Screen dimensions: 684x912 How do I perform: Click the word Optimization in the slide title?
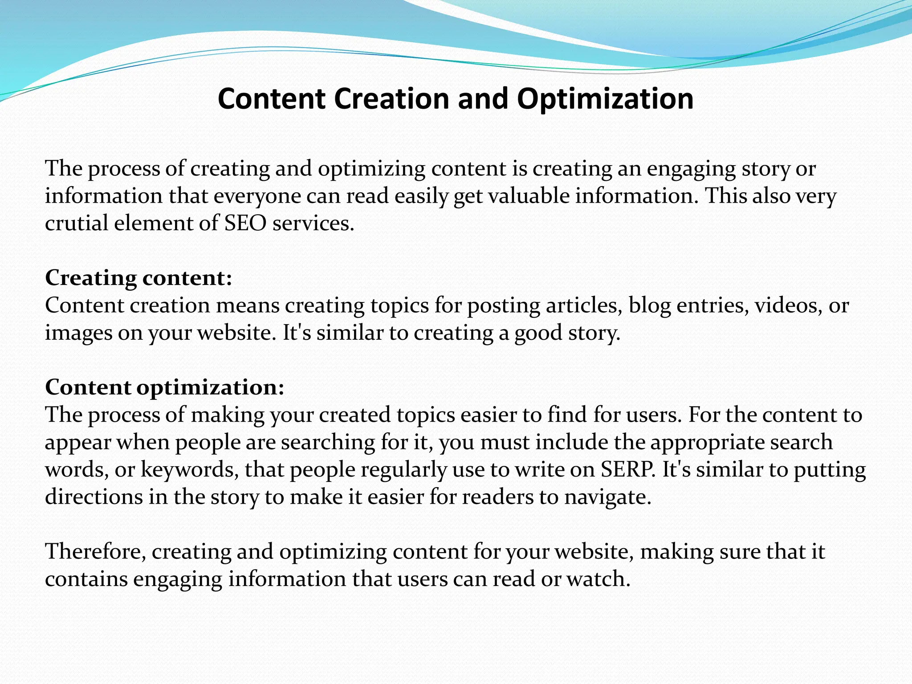(x=605, y=99)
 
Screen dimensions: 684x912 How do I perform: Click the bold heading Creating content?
(x=138, y=278)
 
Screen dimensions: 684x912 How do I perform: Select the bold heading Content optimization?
(x=164, y=387)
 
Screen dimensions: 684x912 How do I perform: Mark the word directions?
(x=94, y=497)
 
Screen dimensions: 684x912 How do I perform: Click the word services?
(x=313, y=223)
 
